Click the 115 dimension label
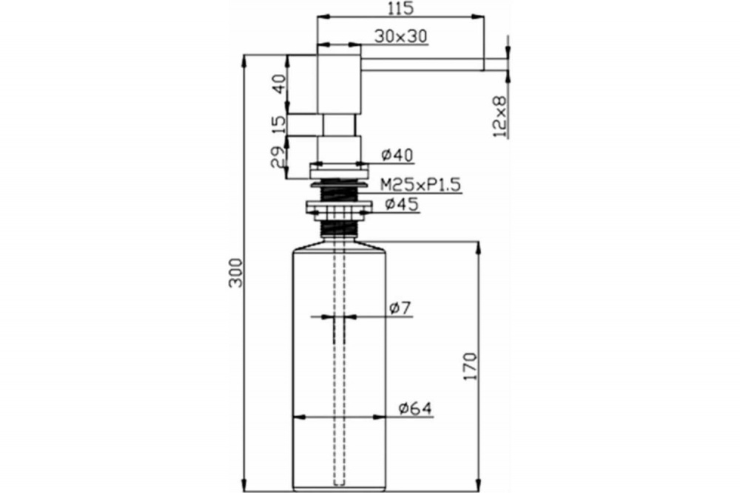click(x=400, y=8)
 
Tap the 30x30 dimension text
click(x=400, y=36)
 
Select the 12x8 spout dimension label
click(x=499, y=117)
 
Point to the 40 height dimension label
click(x=280, y=84)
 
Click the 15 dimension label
click(x=280, y=124)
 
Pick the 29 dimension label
click(x=278, y=157)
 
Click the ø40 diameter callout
click(x=397, y=154)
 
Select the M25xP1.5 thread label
click(x=420, y=185)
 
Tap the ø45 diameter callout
click(x=402, y=204)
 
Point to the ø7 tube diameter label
click(x=400, y=308)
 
